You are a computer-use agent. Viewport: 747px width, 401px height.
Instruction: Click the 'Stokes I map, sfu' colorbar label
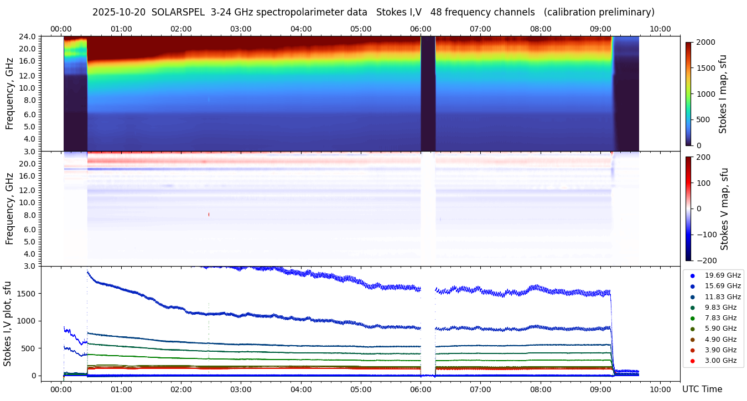723,94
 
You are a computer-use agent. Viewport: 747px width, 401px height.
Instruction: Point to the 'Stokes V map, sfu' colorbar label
724,209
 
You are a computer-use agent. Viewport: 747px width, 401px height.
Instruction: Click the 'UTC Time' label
702,389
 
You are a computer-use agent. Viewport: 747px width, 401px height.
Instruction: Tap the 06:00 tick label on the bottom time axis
421,389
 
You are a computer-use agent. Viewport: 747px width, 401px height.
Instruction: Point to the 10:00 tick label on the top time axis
660,29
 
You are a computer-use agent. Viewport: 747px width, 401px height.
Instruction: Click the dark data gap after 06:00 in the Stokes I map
428,94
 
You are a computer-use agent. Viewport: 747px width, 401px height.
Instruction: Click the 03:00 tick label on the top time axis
241,29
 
